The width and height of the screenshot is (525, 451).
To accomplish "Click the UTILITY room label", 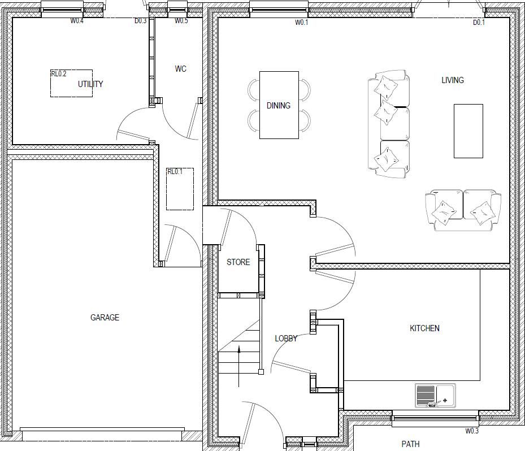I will [x=90, y=84].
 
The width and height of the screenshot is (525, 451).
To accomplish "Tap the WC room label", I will [x=180, y=69].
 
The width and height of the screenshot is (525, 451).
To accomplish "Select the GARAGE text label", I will [x=105, y=318].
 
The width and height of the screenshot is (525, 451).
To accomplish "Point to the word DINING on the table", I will [x=278, y=106].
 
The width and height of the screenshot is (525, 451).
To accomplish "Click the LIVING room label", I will [x=452, y=80].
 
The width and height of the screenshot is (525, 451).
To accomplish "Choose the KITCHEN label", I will [x=424, y=328].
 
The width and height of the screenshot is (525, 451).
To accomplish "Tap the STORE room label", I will [x=238, y=262].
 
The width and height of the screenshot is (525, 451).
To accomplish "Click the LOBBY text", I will [x=286, y=339].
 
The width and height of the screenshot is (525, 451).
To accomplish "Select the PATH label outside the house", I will [x=410, y=444].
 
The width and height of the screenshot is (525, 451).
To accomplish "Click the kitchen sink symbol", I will [x=435, y=396].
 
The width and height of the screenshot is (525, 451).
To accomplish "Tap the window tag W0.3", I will [x=472, y=431].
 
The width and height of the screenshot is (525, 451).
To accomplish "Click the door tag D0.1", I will [x=479, y=23].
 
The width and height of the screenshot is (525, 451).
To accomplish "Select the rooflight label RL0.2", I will [x=59, y=74].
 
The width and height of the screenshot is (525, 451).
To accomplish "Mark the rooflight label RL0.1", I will [x=175, y=172].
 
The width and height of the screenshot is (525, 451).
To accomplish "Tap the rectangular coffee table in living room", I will [x=468, y=131].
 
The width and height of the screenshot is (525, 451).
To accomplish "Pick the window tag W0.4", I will [x=77, y=21].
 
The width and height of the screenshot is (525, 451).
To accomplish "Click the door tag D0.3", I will [x=140, y=21].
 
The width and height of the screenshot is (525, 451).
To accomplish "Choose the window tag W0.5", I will [x=181, y=21].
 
